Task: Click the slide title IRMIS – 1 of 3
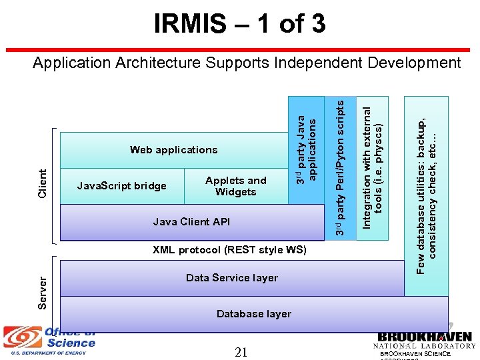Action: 240,24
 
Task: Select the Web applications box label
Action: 173,150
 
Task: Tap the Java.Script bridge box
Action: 122,186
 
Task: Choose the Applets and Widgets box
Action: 235,186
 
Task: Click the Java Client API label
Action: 191,222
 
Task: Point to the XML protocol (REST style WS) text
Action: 229,250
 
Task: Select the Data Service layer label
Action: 232,278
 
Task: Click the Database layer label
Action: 254,314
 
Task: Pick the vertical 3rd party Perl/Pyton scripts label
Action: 340,167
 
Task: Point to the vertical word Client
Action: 43,183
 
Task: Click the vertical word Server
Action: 43,292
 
